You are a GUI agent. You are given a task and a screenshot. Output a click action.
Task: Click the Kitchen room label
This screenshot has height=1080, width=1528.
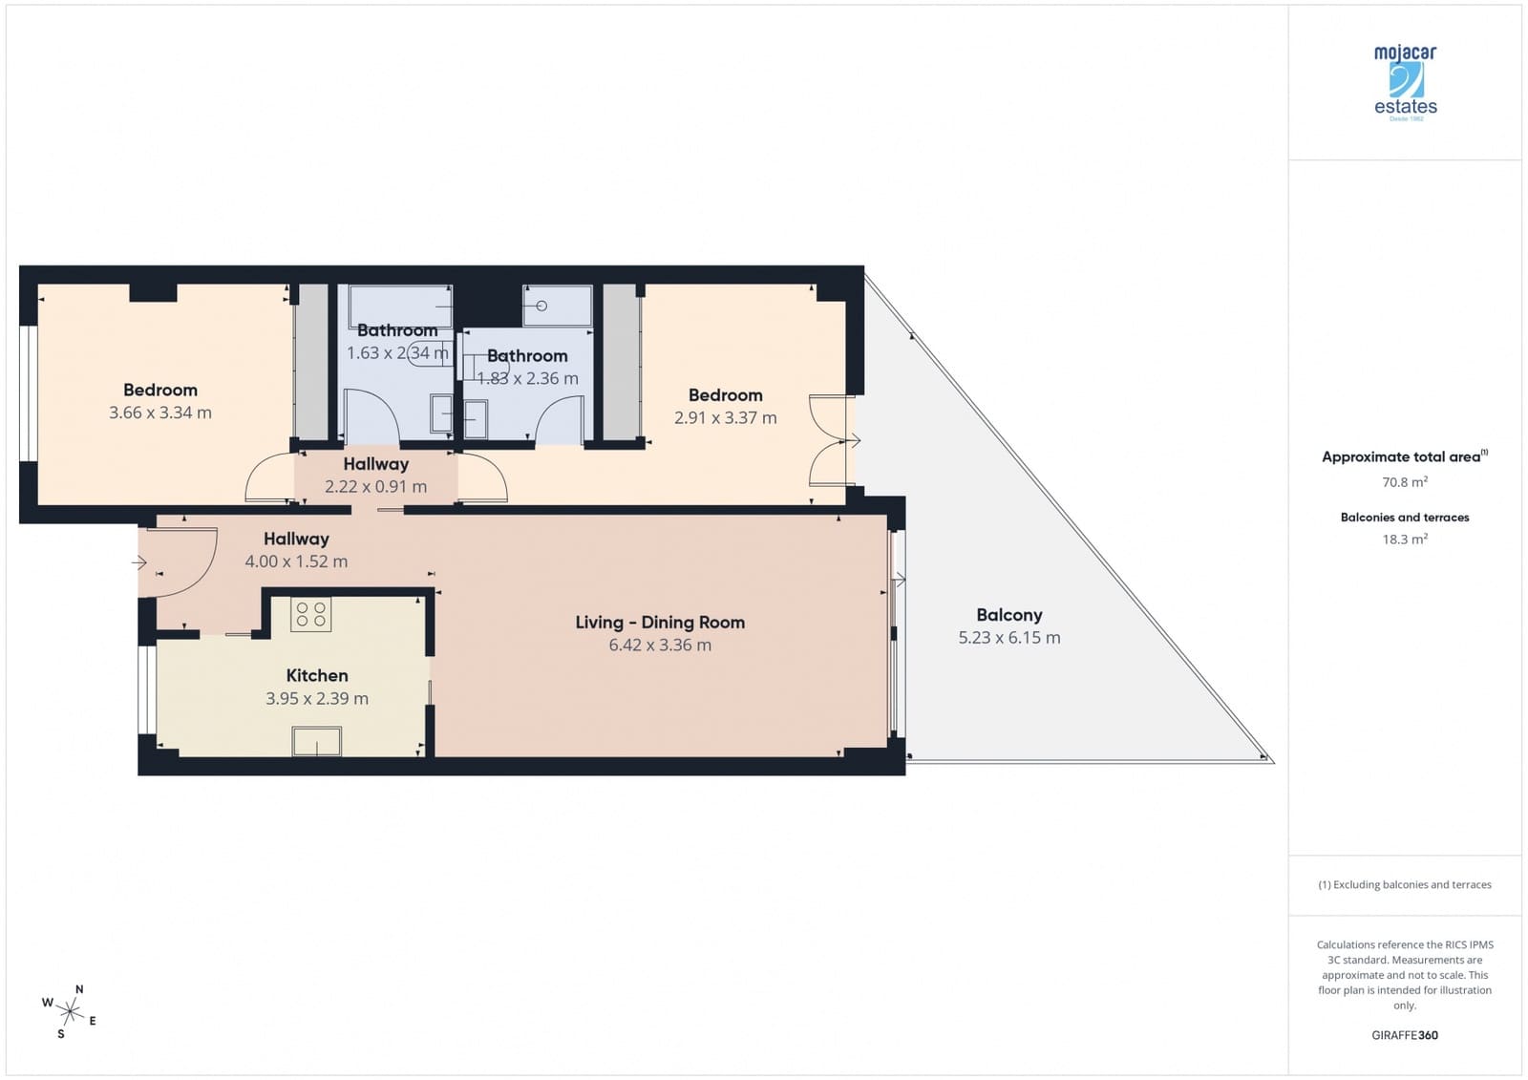(317, 675)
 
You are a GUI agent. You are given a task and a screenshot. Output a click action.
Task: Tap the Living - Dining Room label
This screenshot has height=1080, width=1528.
(660, 623)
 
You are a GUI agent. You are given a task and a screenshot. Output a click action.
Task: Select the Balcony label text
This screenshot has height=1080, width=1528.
(1009, 615)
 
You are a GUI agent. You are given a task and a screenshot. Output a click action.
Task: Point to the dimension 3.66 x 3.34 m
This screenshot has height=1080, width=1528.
(160, 413)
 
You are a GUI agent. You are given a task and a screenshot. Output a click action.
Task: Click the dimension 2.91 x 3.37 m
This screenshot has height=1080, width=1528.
(726, 417)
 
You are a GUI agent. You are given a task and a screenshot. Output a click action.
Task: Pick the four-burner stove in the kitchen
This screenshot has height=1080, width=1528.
(310, 614)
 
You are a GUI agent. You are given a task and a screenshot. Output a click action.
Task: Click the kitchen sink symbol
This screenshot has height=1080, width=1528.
(317, 741)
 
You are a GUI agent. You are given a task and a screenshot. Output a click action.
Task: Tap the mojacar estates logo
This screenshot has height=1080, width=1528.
(1405, 82)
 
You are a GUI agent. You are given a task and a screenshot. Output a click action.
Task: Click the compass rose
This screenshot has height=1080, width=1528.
(70, 1011)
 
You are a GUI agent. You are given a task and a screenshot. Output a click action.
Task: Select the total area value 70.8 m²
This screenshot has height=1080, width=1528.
(1405, 482)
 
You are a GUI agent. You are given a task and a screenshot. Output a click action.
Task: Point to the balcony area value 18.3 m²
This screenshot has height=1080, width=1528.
(1405, 540)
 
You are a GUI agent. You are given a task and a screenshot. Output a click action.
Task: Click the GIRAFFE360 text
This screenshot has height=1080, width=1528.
(1405, 1035)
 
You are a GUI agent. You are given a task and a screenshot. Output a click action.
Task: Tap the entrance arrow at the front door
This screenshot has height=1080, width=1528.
(139, 562)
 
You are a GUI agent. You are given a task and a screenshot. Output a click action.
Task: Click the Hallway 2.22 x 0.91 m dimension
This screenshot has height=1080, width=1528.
(376, 486)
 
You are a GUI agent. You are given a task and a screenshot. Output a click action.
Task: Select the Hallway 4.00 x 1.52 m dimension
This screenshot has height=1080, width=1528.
(296, 561)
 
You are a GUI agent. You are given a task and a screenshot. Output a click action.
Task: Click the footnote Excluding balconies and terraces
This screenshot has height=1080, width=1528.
(1405, 884)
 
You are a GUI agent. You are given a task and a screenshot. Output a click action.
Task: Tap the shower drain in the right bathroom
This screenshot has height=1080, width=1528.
(541, 307)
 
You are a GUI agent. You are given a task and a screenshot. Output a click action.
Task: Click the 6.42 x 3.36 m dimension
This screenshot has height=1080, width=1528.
(660, 646)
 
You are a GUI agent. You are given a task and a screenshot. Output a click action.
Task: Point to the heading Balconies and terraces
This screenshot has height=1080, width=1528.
(1405, 518)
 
